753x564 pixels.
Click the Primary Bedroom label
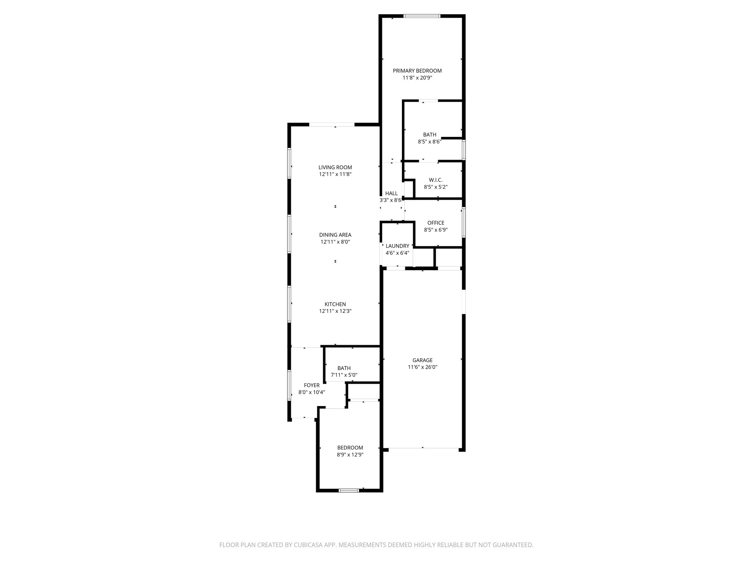click(417, 71)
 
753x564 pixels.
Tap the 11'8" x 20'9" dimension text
click(417, 78)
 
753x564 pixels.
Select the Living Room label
click(335, 167)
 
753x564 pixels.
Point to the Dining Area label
click(335, 235)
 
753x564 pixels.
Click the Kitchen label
click(335, 304)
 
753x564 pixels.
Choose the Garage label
click(422, 360)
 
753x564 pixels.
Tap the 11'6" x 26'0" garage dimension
click(422, 367)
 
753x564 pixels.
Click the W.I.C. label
click(436, 180)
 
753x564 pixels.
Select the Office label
click(436, 223)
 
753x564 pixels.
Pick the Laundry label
click(397, 246)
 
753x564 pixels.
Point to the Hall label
click(391, 194)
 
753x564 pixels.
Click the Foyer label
click(311, 385)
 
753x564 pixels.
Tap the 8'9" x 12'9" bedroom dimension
click(350, 455)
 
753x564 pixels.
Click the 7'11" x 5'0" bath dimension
click(344, 375)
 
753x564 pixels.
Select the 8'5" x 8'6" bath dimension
click(429, 141)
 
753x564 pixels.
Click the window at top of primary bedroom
click(421, 16)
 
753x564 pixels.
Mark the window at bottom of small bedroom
click(349, 490)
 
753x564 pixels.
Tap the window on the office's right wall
click(464, 223)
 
